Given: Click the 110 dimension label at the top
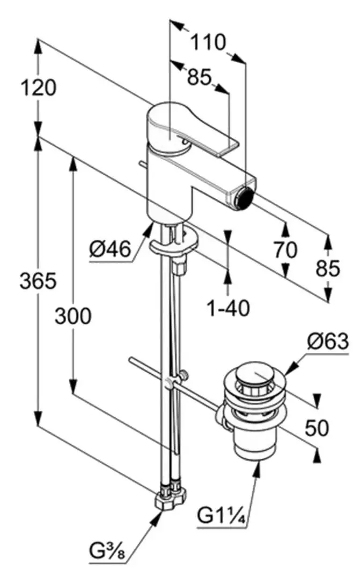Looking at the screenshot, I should [209, 41].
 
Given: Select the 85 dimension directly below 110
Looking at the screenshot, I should [200, 77].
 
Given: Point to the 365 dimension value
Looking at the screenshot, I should [38, 281].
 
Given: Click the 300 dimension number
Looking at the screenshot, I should [73, 316].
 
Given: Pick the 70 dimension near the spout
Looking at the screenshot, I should [285, 250].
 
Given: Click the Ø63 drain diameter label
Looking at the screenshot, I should [328, 340].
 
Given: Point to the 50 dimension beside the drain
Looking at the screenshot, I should [317, 427].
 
